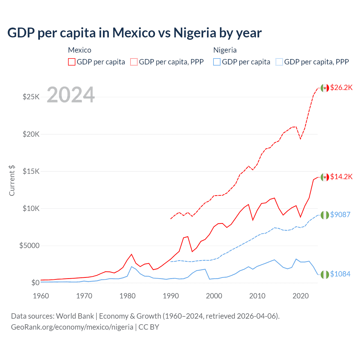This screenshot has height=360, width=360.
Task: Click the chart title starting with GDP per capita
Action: [134, 33]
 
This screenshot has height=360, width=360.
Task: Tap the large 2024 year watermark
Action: [71, 95]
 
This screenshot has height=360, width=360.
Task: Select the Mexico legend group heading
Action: [80, 50]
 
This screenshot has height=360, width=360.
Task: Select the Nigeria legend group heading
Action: [225, 50]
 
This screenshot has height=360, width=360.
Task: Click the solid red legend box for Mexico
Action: [72, 62]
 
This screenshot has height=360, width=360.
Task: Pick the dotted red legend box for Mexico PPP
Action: [134, 62]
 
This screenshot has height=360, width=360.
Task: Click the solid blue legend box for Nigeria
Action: [217, 62]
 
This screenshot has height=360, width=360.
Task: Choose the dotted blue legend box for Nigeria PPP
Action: [279, 62]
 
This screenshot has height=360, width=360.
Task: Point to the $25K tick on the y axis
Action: [31, 97]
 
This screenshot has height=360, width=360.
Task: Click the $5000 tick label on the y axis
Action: [29, 246]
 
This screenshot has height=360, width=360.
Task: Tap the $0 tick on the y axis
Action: [35, 283]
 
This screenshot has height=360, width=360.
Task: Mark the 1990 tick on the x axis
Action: [171, 296]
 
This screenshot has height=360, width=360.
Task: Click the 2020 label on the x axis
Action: [300, 296]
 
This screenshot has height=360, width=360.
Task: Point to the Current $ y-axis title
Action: [12, 180]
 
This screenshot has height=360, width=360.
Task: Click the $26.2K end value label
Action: [341, 87]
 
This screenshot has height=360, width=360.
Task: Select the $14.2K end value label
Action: [341, 177]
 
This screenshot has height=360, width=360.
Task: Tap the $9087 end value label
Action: [340, 215]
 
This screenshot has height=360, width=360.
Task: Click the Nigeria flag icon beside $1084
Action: [325, 274]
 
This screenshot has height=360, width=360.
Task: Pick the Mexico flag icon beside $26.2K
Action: [325, 88]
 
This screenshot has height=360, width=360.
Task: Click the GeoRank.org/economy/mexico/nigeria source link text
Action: [72, 327]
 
